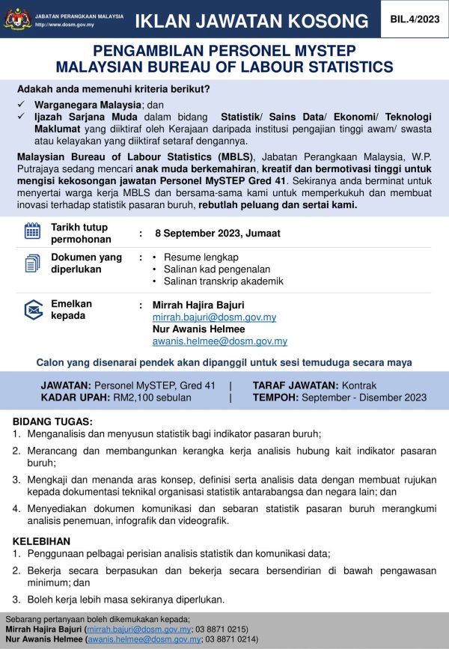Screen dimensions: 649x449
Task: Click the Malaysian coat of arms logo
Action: coord(15,18)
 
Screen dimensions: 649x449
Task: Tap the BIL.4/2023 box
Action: coord(414,19)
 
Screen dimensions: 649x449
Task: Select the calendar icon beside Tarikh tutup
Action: coord(32,231)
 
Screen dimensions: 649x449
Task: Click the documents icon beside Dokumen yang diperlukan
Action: coord(32,263)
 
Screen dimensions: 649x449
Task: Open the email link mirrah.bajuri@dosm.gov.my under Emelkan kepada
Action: coord(214,317)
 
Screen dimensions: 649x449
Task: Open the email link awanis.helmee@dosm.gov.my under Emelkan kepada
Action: coord(219,341)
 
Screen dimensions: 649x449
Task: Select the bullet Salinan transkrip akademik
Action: coord(223,281)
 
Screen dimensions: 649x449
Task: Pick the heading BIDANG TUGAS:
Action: coord(52,421)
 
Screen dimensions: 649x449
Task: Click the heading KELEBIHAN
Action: coord(42,540)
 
